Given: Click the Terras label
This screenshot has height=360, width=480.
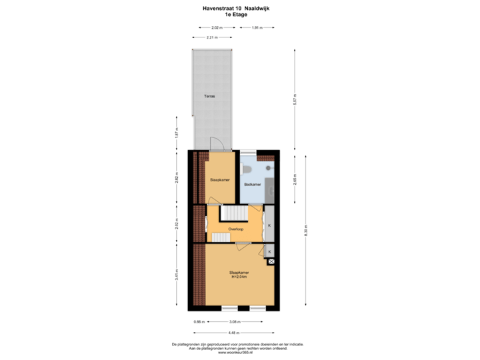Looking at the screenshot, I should [209, 96].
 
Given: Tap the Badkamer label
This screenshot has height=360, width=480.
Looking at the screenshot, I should [253, 184].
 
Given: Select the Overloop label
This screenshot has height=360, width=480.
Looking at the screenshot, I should [235, 229].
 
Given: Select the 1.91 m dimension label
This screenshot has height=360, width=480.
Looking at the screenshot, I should [257, 28].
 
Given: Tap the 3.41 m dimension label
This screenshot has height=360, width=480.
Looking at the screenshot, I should [177, 275].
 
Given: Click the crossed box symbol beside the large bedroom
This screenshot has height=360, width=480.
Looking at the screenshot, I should [271, 262].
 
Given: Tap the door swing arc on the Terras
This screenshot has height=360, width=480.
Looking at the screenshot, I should [215, 144].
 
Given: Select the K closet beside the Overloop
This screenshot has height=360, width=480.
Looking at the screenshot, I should [269, 225].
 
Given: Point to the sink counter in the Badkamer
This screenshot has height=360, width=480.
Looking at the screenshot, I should [270, 180].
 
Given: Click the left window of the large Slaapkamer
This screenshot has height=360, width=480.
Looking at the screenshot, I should [230, 307].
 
